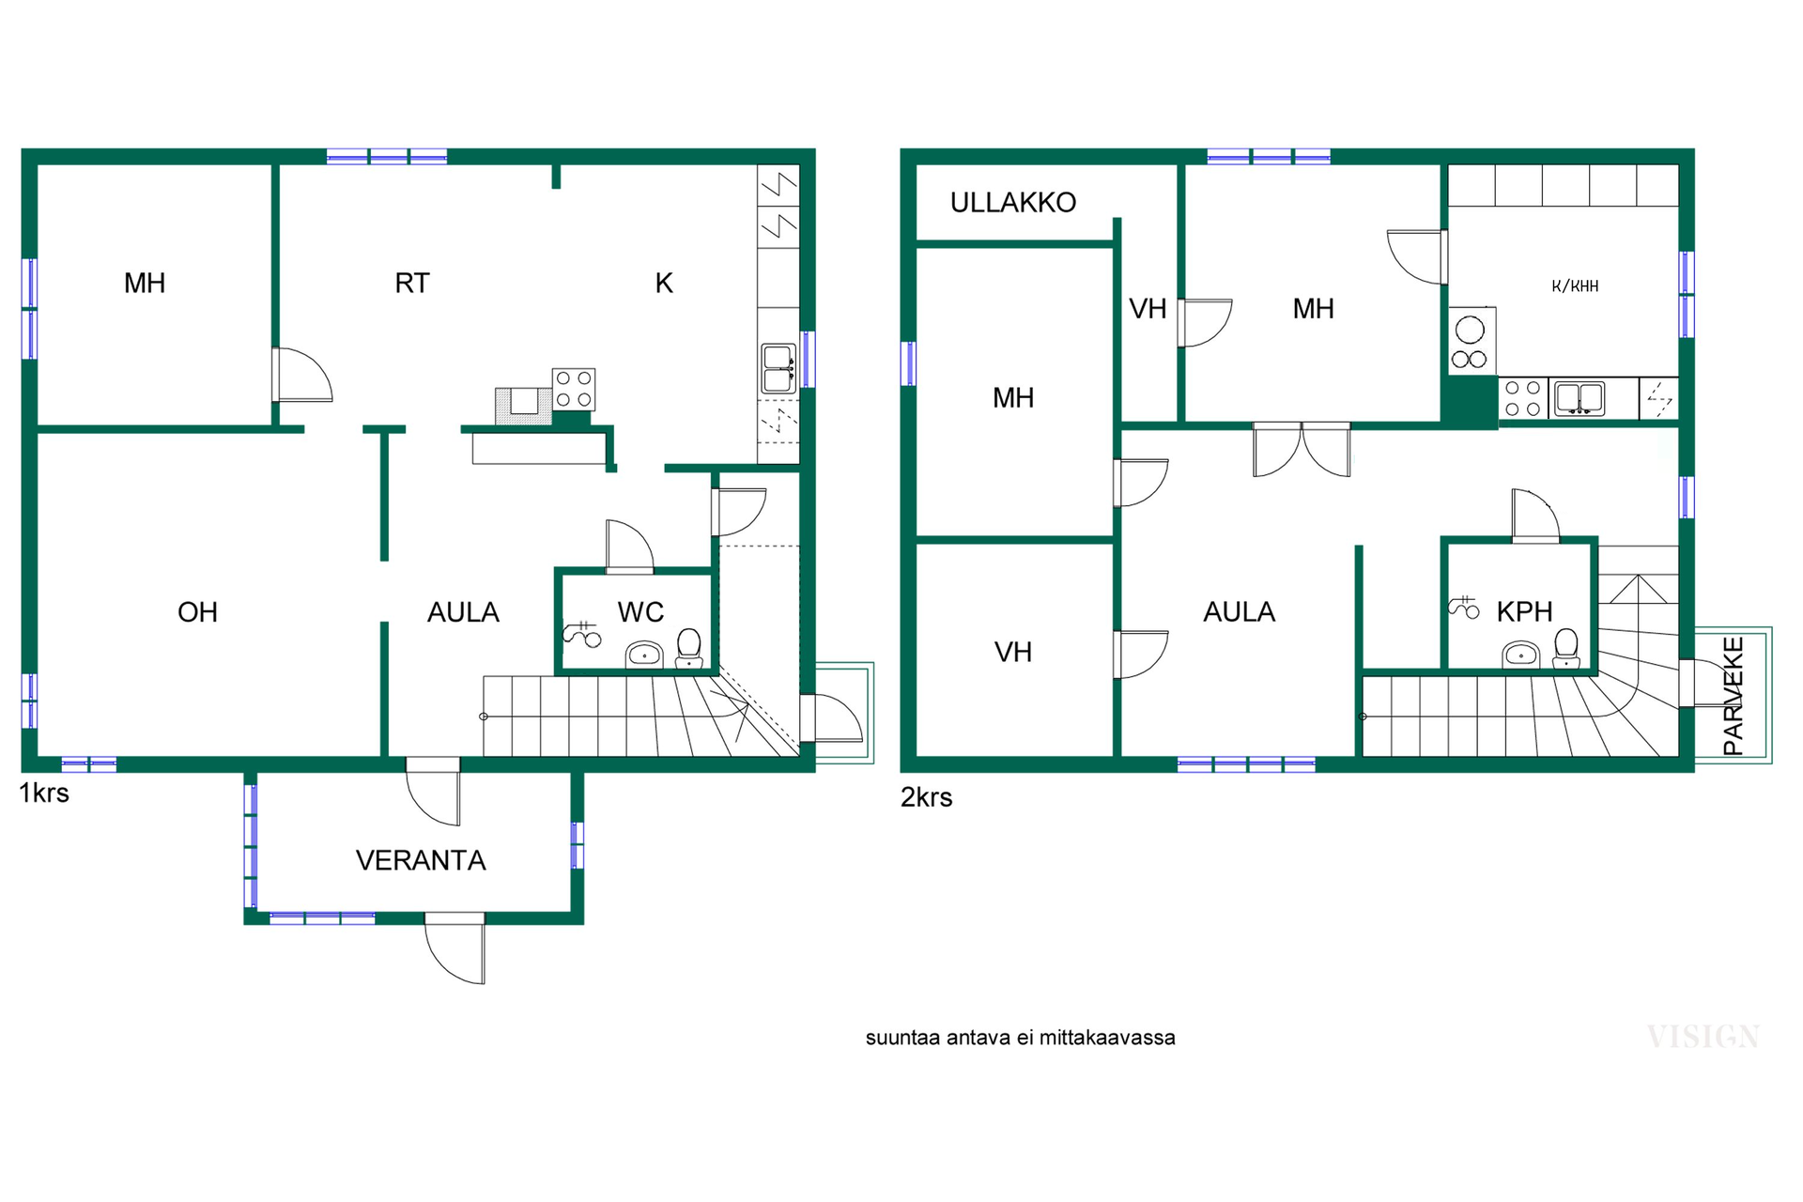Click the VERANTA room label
[x=421, y=860]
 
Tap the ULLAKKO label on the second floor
[x=1013, y=203]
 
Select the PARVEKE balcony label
[x=1734, y=696]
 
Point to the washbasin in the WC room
[x=644, y=655]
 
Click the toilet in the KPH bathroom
[x=1565, y=648]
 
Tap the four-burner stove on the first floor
[x=574, y=389]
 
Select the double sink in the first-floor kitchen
[x=778, y=368]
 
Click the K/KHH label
[x=1575, y=286]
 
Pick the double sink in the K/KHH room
[x=1580, y=398]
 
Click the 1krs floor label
[x=44, y=794]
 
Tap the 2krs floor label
[x=926, y=797]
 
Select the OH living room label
[x=197, y=612]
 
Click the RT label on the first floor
[x=412, y=284]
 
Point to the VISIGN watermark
[x=1703, y=1037]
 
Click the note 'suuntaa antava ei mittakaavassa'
[x=1020, y=1038]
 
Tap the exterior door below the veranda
[x=455, y=948]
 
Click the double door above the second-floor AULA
[x=1302, y=451]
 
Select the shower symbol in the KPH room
[x=1463, y=608]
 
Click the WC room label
[x=640, y=612]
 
